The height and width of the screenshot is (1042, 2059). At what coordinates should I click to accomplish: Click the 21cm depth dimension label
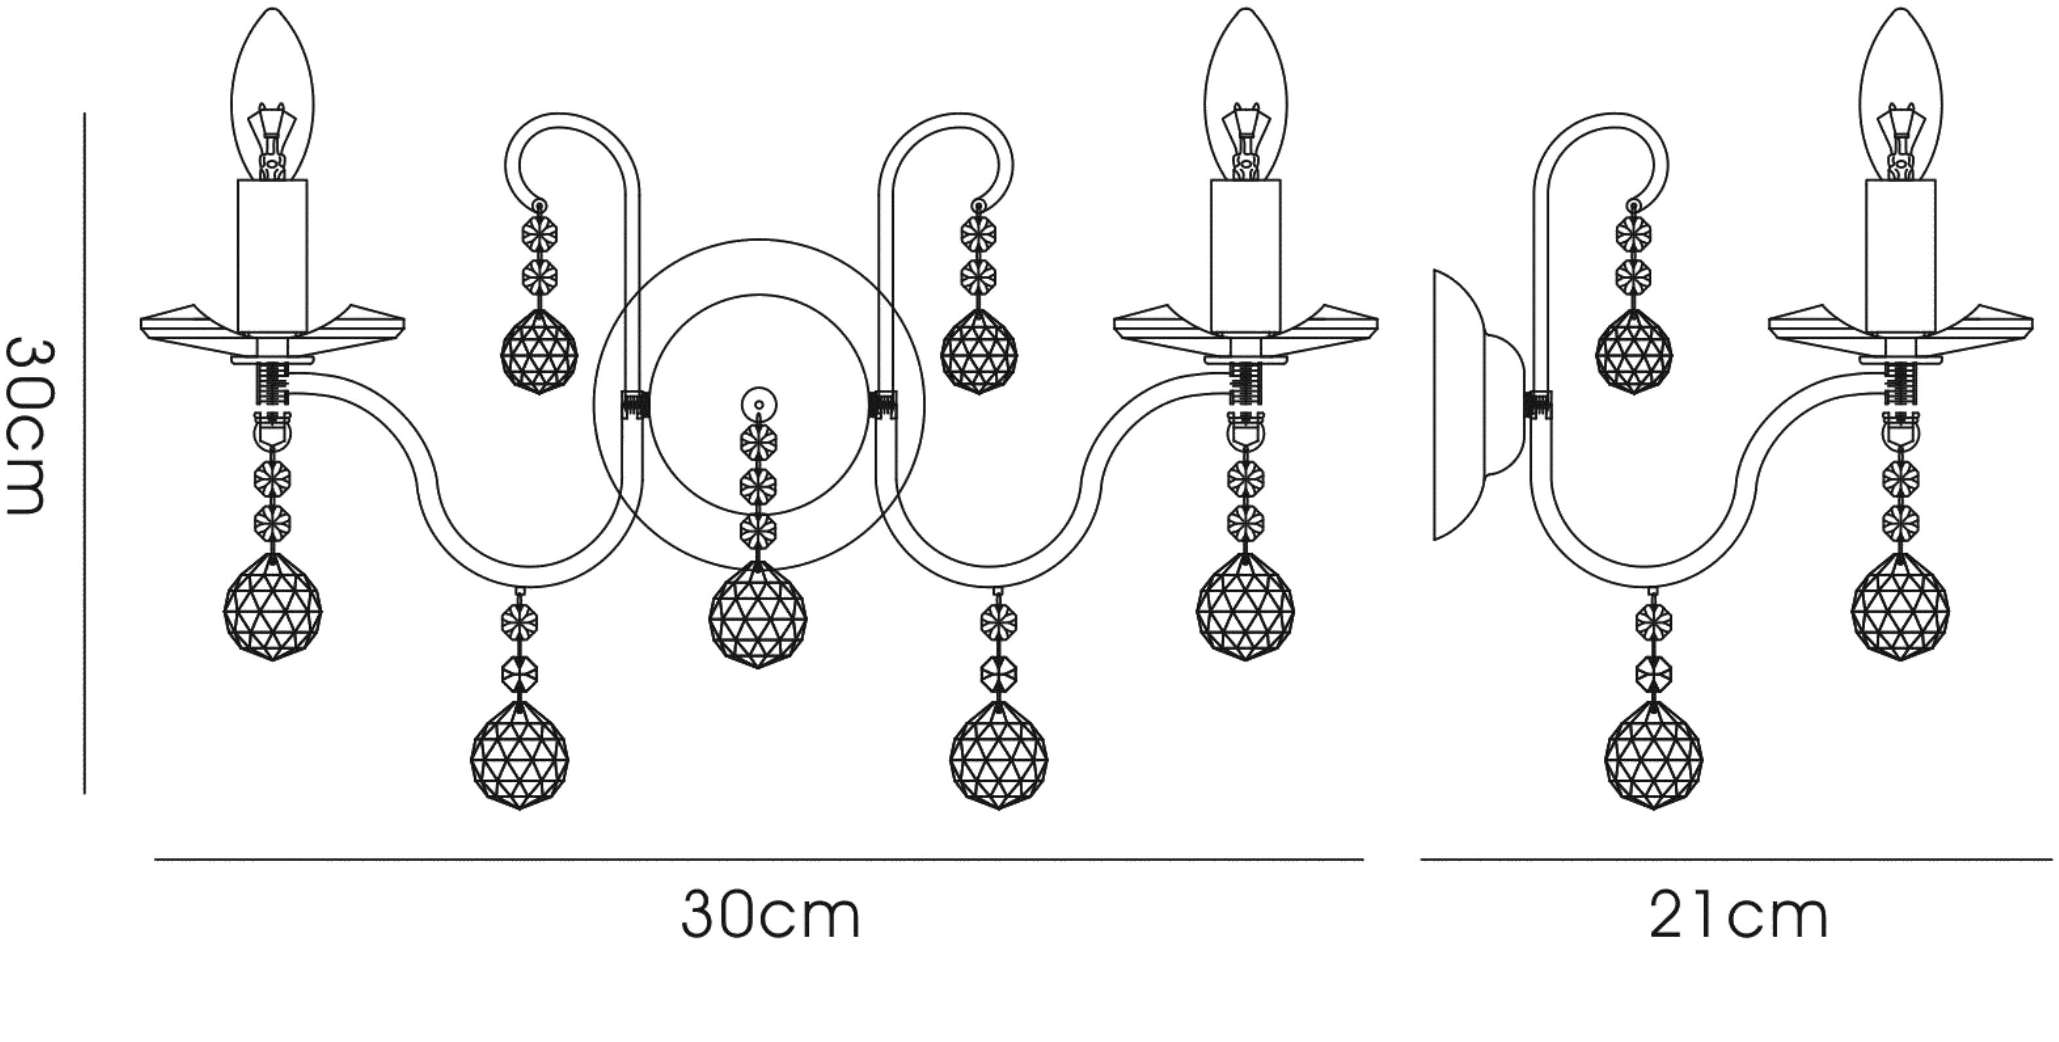[x=1739, y=916]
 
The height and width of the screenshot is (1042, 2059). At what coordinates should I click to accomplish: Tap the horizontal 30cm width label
[x=771, y=916]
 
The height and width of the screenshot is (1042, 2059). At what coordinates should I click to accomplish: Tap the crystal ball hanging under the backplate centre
[x=758, y=613]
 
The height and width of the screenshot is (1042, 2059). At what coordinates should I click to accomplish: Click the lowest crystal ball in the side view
[x=1654, y=756]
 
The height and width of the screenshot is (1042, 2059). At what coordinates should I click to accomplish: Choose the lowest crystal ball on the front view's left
[x=519, y=756]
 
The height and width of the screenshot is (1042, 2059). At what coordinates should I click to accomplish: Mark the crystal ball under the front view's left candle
[x=272, y=607]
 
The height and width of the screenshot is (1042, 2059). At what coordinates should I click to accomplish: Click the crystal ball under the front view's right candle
[x=1246, y=607]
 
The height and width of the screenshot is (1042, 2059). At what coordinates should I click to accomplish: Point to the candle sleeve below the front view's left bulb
[x=272, y=257]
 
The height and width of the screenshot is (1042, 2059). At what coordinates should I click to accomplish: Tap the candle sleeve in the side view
[x=1901, y=257]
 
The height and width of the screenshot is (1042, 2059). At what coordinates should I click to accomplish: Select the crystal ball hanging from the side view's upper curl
[x=1634, y=352]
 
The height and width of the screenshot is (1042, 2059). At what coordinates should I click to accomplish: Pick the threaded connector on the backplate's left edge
[x=635, y=404]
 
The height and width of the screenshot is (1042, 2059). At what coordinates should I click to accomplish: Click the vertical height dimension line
[x=84, y=453]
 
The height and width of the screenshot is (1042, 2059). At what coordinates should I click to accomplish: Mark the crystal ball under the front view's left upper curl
[x=539, y=352]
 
